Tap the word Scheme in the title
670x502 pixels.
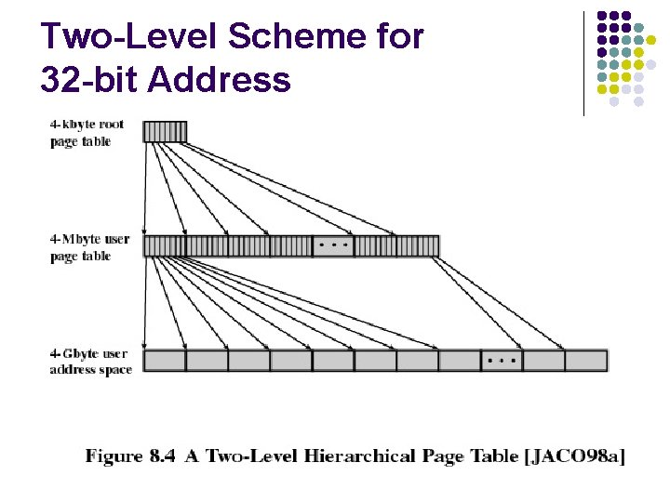276,37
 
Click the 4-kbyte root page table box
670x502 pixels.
165,132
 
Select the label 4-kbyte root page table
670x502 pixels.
87,133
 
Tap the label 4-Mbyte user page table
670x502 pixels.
89,247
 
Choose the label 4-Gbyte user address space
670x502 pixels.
90,362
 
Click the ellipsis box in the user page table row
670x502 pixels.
333,246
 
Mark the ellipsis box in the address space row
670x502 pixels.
502,361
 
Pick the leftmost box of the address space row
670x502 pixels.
165,361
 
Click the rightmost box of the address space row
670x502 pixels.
585,361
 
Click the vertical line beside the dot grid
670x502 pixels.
583,63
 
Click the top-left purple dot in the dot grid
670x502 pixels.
602,16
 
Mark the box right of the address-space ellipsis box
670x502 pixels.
543,361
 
